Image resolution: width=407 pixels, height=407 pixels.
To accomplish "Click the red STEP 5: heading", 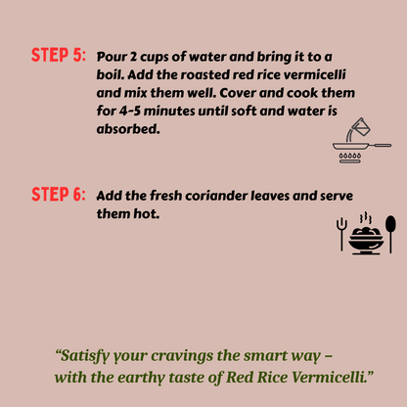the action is [x=59, y=55].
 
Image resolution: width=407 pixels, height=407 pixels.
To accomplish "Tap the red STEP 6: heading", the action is [x=59, y=195].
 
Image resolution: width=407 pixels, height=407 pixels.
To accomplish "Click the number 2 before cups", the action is [x=133, y=57].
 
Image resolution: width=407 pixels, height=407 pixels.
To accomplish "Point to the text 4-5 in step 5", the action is [x=130, y=112].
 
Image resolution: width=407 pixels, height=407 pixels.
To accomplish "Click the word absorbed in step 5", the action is [x=128, y=129].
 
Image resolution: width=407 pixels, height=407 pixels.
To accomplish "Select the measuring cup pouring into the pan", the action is [x=358, y=128].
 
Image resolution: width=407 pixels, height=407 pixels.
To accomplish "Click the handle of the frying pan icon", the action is [x=380, y=145].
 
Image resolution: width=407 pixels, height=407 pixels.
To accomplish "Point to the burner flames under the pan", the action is [x=350, y=157].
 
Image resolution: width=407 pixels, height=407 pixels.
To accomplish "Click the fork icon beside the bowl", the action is [x=341, y=234].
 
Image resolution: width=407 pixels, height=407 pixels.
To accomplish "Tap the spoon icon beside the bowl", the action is [x=390, y=234].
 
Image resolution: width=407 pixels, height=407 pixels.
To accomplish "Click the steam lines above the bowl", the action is [x=366, y=217].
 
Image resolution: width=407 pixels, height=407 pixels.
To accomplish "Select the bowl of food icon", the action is [x=366, y=241].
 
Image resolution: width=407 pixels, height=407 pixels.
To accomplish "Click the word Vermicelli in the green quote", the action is [x=329, y=378].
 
